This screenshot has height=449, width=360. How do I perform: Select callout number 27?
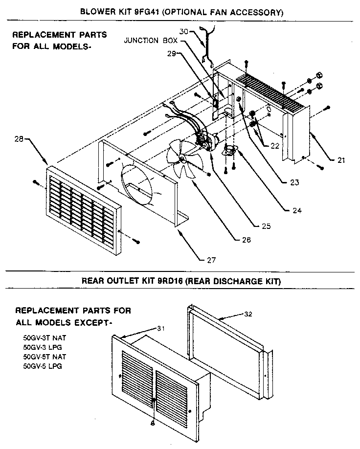[x=211, y=259]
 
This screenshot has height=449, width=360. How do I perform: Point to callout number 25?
[x=266, y=226]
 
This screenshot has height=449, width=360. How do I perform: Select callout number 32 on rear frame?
[x=248, y=314]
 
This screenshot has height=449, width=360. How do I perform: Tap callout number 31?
[x=160, y=328]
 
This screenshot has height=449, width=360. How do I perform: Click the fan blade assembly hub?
[x=181, y=157]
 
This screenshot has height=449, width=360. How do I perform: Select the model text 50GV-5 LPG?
[x=43, y=365]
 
